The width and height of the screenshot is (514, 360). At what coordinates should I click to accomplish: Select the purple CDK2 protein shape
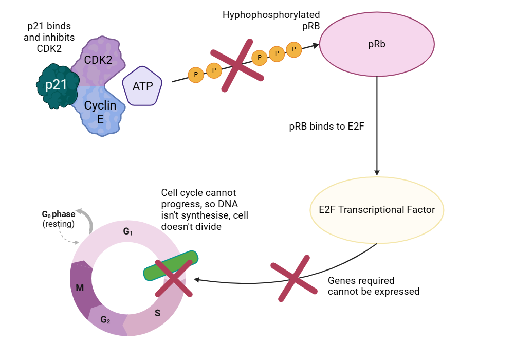tap(98, 59)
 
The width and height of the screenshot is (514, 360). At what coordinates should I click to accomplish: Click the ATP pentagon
tap(142, 86)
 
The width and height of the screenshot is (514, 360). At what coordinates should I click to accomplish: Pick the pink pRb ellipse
tap(377, 44)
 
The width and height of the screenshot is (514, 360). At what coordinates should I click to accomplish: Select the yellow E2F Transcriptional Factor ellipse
tap(377, 210)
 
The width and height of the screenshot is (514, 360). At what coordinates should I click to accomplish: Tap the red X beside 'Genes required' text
tap(295, 281)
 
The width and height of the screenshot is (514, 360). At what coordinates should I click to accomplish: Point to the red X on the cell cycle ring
tap(174, 278)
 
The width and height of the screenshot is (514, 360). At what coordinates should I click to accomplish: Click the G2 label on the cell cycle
tap(105, 320)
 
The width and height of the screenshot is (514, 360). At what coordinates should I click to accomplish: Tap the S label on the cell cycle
tap(157, 312)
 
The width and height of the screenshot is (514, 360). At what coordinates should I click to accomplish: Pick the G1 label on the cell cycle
tap(128, 232)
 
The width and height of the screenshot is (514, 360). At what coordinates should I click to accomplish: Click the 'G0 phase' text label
tap(58, 214)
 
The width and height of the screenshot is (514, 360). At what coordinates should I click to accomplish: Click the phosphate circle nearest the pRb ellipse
tap(293, 49)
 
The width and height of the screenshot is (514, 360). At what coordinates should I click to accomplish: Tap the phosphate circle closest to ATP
tap(195, 75)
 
